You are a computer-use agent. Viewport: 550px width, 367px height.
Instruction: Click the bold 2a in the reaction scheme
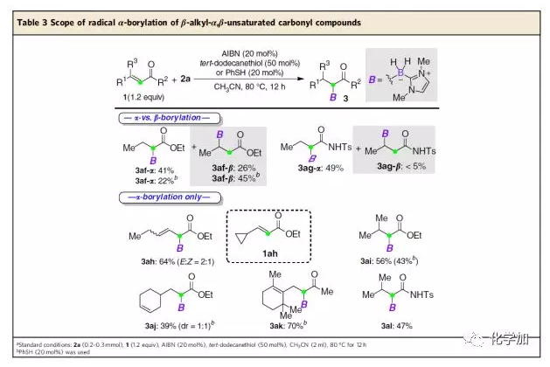pos(186,78)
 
